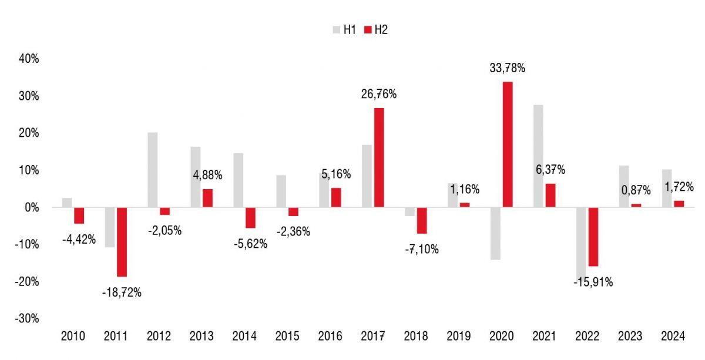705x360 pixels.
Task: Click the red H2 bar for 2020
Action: coord(507,144)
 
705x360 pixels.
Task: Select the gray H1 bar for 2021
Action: coord(538,156)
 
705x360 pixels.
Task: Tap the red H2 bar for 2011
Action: coord(122,242)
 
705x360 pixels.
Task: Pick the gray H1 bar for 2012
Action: coord(153,170)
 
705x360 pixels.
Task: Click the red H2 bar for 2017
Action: coord(378,157)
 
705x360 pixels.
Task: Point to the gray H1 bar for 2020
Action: coord(495,233)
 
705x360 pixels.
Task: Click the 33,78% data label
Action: coord(507,68)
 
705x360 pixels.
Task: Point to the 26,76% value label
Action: coord(378,94)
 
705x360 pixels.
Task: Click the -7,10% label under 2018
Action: coord(421,249)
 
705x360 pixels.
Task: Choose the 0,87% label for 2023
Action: coord(636,190)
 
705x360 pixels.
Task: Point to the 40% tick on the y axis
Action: coord(28,59)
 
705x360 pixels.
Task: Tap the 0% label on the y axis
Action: coord(31,207)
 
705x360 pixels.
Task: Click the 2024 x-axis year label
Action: coord(673,337)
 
